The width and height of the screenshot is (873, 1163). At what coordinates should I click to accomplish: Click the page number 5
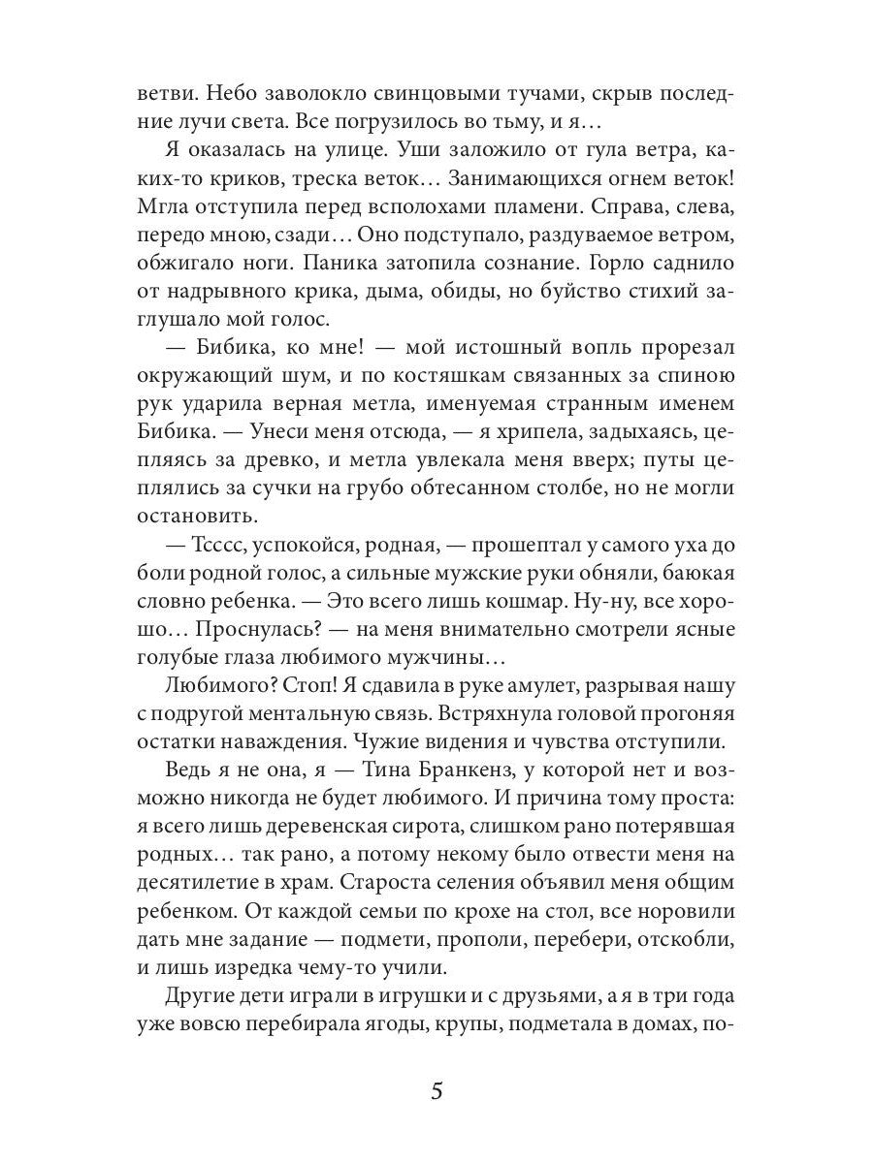tap(436, 1091)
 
